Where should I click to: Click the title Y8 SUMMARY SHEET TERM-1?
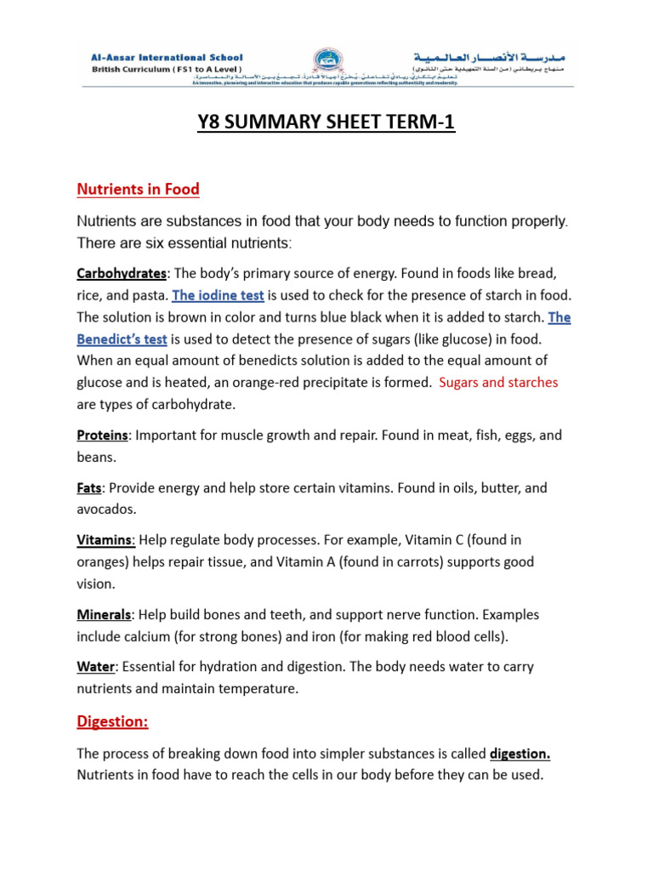pyautogui.click(x=326, y=123)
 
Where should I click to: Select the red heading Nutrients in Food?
pyautogui.click(x=138, y=189)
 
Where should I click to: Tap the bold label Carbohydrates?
pyautogui.click(x=122, y=274)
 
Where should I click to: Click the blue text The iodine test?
pyautogui.click(x=219, y=296)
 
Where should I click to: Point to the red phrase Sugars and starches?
pyautogui.click(x=498, y=382)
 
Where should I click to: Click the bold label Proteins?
pyautogui.click(x=103, y=435)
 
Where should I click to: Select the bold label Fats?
pyautogui.click(x=89, y=488)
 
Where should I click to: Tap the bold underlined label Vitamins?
pyautogui.click(x=105, y=540)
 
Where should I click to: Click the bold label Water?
pyautogui.click(x=95, y=667)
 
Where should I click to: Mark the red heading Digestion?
pyautogui.click(x=112, y=721)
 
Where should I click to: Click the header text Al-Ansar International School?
pyautogui.click(x=166, y=57)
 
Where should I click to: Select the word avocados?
pyautogui.click(x=106, y=510)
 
